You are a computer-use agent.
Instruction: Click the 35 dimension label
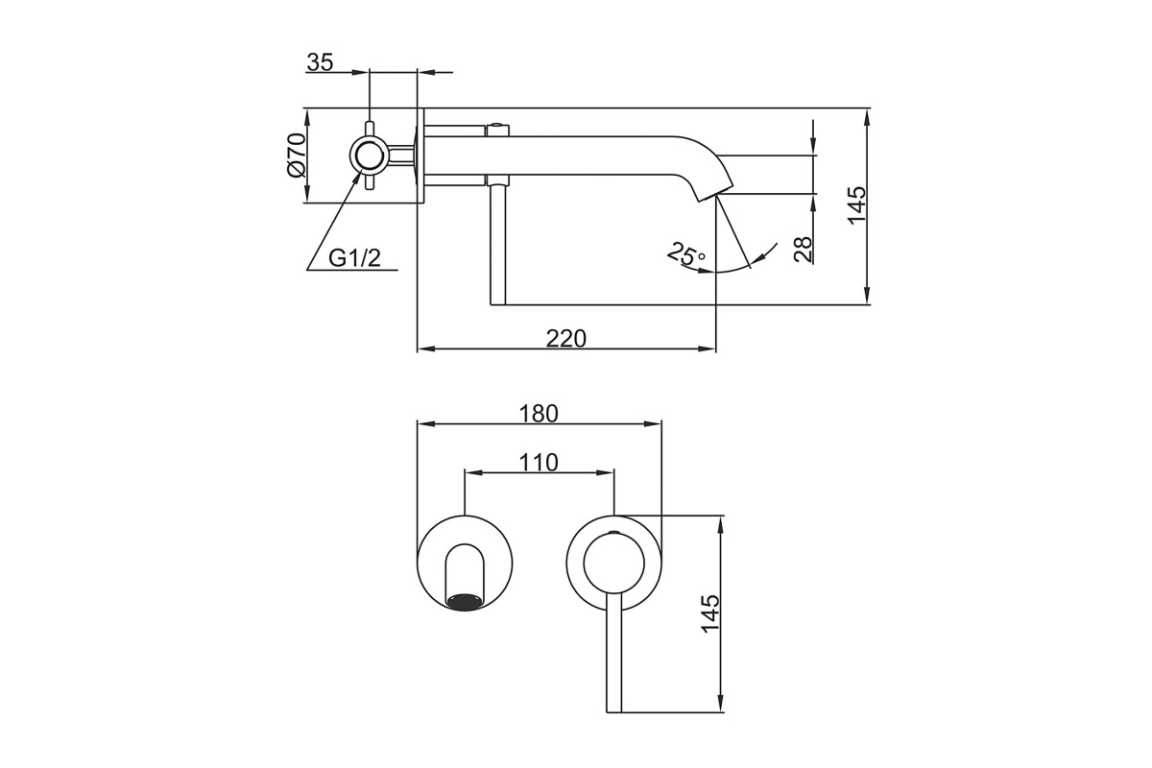[x=320, y=62]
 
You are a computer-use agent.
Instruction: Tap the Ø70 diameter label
[x=298, y=156]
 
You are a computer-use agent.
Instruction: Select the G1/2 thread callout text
[x=355, y=257]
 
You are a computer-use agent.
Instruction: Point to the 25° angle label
[x=686, y=253]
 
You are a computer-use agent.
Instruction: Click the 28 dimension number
[x=803, y=250]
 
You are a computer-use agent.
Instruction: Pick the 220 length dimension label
[x=566, y=339]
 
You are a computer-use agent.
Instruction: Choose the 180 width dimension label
[x=539, y=414]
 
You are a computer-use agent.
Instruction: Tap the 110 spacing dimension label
[x=539, y=463]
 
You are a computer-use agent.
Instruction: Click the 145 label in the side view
[x=857, y=204]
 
